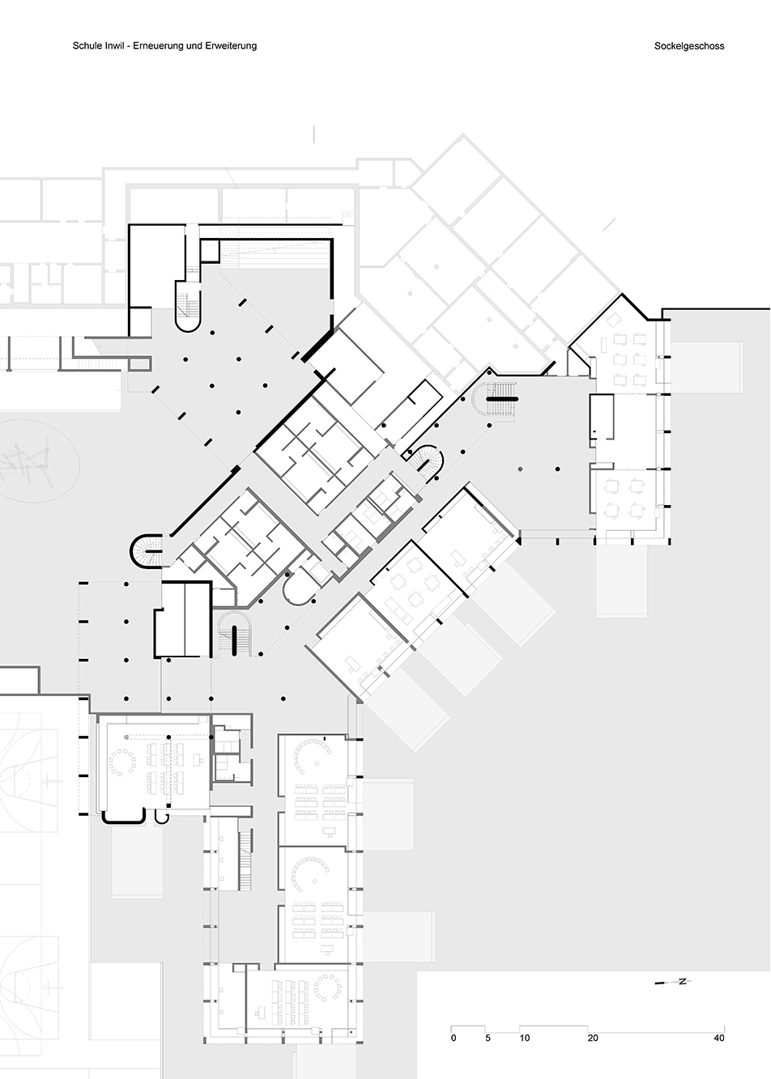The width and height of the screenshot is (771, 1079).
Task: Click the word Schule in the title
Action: point(85,46)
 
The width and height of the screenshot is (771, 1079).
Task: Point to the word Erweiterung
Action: point(233,46)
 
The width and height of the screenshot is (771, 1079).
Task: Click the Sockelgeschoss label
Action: point(689,46)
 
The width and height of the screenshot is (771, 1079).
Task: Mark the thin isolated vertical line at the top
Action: point(314,134)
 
